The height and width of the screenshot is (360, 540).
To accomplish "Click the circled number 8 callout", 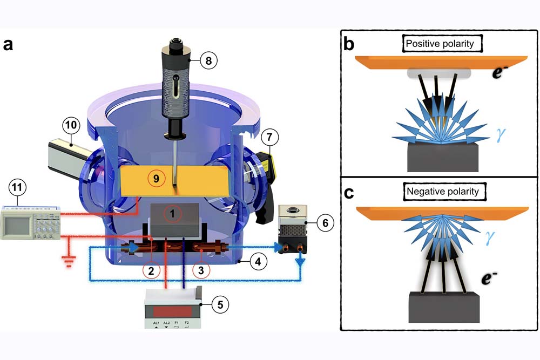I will pos(208,60).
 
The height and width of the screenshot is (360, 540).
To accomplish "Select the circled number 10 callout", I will pos(71,126).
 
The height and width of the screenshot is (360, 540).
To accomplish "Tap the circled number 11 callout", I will pos(18,190).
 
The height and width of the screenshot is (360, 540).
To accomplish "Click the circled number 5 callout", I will pos(220,304).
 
